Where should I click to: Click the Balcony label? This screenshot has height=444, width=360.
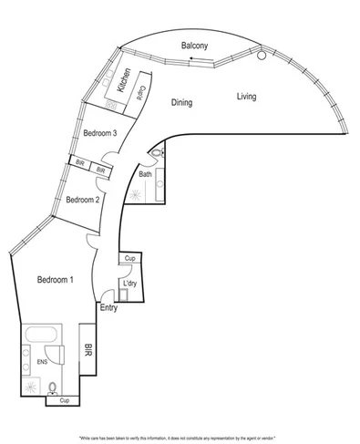point(195,46)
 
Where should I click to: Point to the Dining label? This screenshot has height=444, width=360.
point(182,103)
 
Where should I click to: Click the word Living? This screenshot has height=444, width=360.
point(247,97)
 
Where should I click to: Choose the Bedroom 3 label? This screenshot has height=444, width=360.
point(100,134)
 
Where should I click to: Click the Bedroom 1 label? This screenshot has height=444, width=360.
point(56,279)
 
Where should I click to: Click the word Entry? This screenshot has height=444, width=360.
point(108,308)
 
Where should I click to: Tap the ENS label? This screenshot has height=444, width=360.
point(41,362)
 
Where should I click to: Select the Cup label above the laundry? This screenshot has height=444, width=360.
point(130,259)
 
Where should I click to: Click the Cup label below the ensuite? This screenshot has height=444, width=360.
point(64,400)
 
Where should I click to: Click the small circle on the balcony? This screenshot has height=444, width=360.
point(262,56)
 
